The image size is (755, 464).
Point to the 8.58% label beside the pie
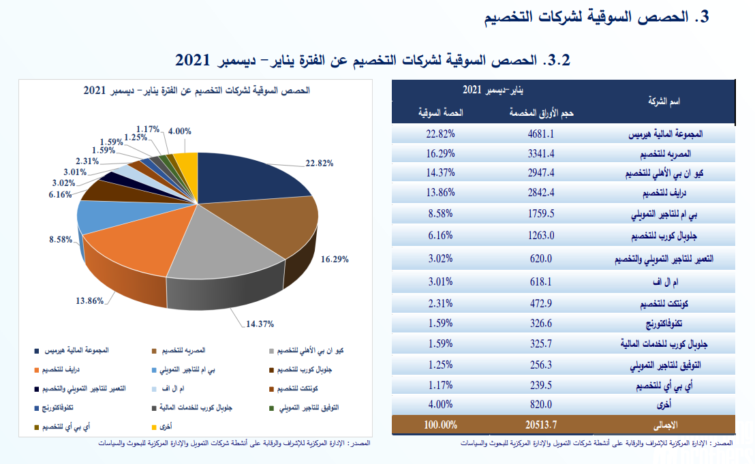61,239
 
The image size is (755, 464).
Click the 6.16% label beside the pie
60,194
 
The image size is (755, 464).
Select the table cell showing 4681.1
541,134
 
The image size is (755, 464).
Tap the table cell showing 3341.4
541,153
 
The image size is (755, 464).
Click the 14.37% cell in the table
440,173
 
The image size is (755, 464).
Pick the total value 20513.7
541,425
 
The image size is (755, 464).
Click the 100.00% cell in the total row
440,425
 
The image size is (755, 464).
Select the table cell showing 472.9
541,304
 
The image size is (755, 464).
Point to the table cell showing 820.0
541,405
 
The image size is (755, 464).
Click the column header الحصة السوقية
441,112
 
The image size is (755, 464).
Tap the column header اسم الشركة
664,101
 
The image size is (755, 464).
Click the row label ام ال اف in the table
665,282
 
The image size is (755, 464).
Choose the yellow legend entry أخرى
161,427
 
